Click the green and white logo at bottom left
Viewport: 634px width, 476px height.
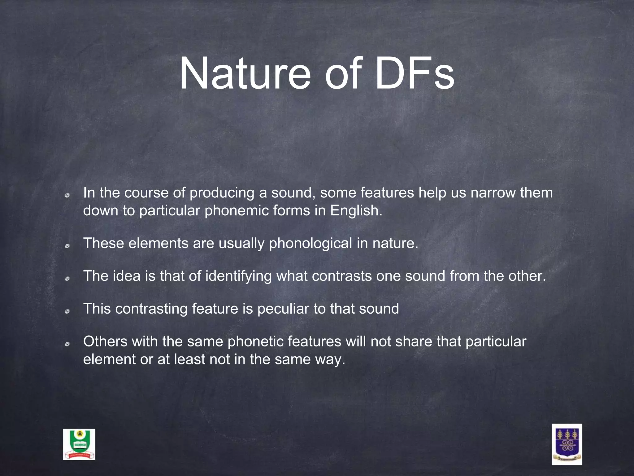[x=79, y=444]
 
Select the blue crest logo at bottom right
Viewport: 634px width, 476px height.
[x=567, y=444]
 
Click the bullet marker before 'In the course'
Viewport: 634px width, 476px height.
[x=67, y=196]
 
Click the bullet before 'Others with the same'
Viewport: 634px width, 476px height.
[x=67, y=344]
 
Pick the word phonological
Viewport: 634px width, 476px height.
[x=310, y=244]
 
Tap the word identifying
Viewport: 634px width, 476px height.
[x=238, y=276]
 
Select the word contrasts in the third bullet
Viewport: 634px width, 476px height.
[x=342, y=276]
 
